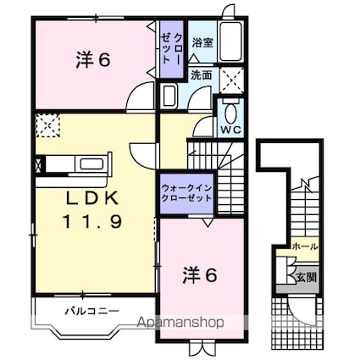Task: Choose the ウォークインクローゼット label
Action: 186,193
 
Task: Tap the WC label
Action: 231,132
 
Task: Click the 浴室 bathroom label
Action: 202,42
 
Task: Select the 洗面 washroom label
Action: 201,75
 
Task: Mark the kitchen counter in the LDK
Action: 72,163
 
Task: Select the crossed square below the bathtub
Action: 231,79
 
